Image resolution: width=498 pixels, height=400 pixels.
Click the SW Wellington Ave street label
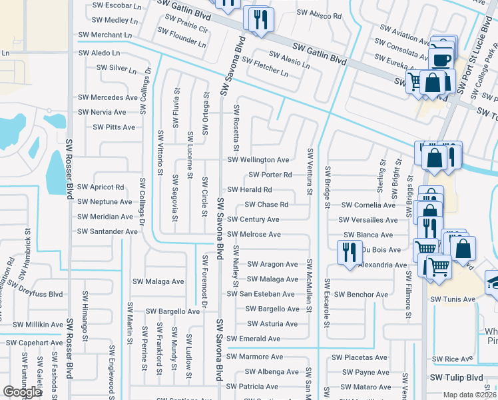(258, 160)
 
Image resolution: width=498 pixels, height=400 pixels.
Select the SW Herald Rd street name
(250, 190)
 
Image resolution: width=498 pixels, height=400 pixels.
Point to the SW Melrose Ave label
(254, 235)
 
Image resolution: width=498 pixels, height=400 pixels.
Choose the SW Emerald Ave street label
(254, 339)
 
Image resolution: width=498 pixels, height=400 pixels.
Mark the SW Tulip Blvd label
(456, 377)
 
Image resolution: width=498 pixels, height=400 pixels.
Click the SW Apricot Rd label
(101, 187)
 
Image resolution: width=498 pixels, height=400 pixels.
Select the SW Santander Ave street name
(107, 231)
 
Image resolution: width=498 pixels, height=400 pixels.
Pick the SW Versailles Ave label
(367, 220)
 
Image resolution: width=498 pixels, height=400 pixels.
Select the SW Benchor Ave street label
(361, 295)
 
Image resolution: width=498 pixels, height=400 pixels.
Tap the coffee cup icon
(441, 57)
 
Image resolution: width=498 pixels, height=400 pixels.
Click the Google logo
(22, 392)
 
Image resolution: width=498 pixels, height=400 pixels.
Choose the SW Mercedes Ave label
(108, 97)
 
